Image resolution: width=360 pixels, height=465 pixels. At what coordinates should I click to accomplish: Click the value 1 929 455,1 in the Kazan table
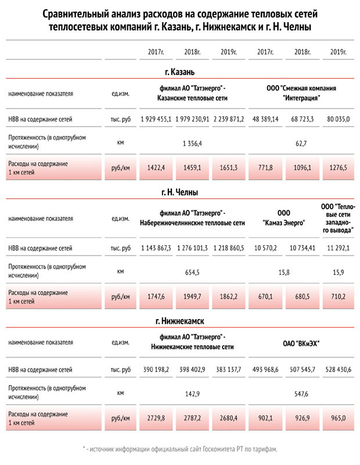(x=156, y=119)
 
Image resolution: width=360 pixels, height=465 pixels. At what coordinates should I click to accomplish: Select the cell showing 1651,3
(x=228, y=167)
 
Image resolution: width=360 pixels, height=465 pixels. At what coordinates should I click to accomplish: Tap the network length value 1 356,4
(x=192, y=142)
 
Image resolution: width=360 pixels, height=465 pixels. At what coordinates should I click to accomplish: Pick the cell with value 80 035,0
(x=336, y=119)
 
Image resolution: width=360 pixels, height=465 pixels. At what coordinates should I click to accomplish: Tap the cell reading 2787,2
(x=192, y=417)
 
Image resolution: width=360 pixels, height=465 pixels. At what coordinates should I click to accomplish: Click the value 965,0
(x=336, y=417)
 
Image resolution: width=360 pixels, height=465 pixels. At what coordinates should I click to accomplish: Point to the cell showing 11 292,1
(x=336, y=248)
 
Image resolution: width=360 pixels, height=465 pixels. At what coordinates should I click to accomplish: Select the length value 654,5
(x=192, y=271)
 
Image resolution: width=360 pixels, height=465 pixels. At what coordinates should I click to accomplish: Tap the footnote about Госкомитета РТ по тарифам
(x=180, y=449)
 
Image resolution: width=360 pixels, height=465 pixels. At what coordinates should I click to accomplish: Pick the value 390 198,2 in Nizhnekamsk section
(x=156, y=369)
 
